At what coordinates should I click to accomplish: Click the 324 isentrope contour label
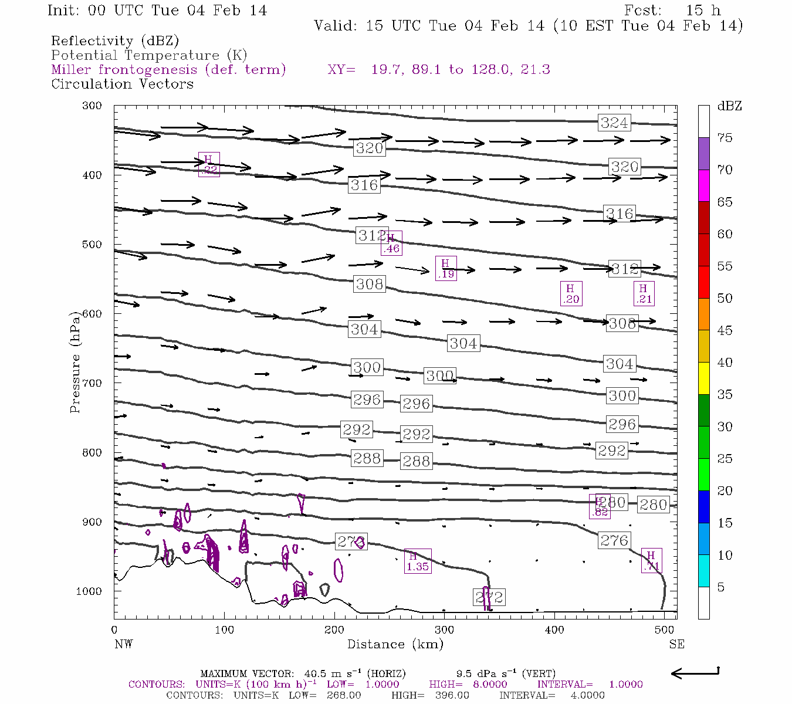coord(614,123)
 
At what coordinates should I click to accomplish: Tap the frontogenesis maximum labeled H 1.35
coord(417,561)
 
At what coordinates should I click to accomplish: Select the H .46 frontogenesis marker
coord(391,243)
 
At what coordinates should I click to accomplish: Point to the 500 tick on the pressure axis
coord(93,245)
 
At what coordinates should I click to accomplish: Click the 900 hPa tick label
coord(93,522)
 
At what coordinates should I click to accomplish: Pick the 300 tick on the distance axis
coord(444,630)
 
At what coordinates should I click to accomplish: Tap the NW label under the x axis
coord(123,644)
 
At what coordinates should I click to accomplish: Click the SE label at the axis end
coord(676,644)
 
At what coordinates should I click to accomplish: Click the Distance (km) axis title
coord(395,644)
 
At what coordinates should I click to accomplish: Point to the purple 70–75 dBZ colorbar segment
coord(703,154)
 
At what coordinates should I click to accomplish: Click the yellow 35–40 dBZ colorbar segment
coord(703,378)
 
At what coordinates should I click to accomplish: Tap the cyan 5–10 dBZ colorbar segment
coord(703,571)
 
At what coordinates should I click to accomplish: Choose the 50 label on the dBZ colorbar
coord(725,299)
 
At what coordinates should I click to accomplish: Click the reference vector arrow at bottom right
coord(695,673)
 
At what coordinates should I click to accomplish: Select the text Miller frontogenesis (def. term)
coord(168,70)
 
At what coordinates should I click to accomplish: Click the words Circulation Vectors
coord(122,84)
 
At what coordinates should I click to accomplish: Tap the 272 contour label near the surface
coord(489,597)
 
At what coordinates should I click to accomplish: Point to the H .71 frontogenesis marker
coord(651,561)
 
